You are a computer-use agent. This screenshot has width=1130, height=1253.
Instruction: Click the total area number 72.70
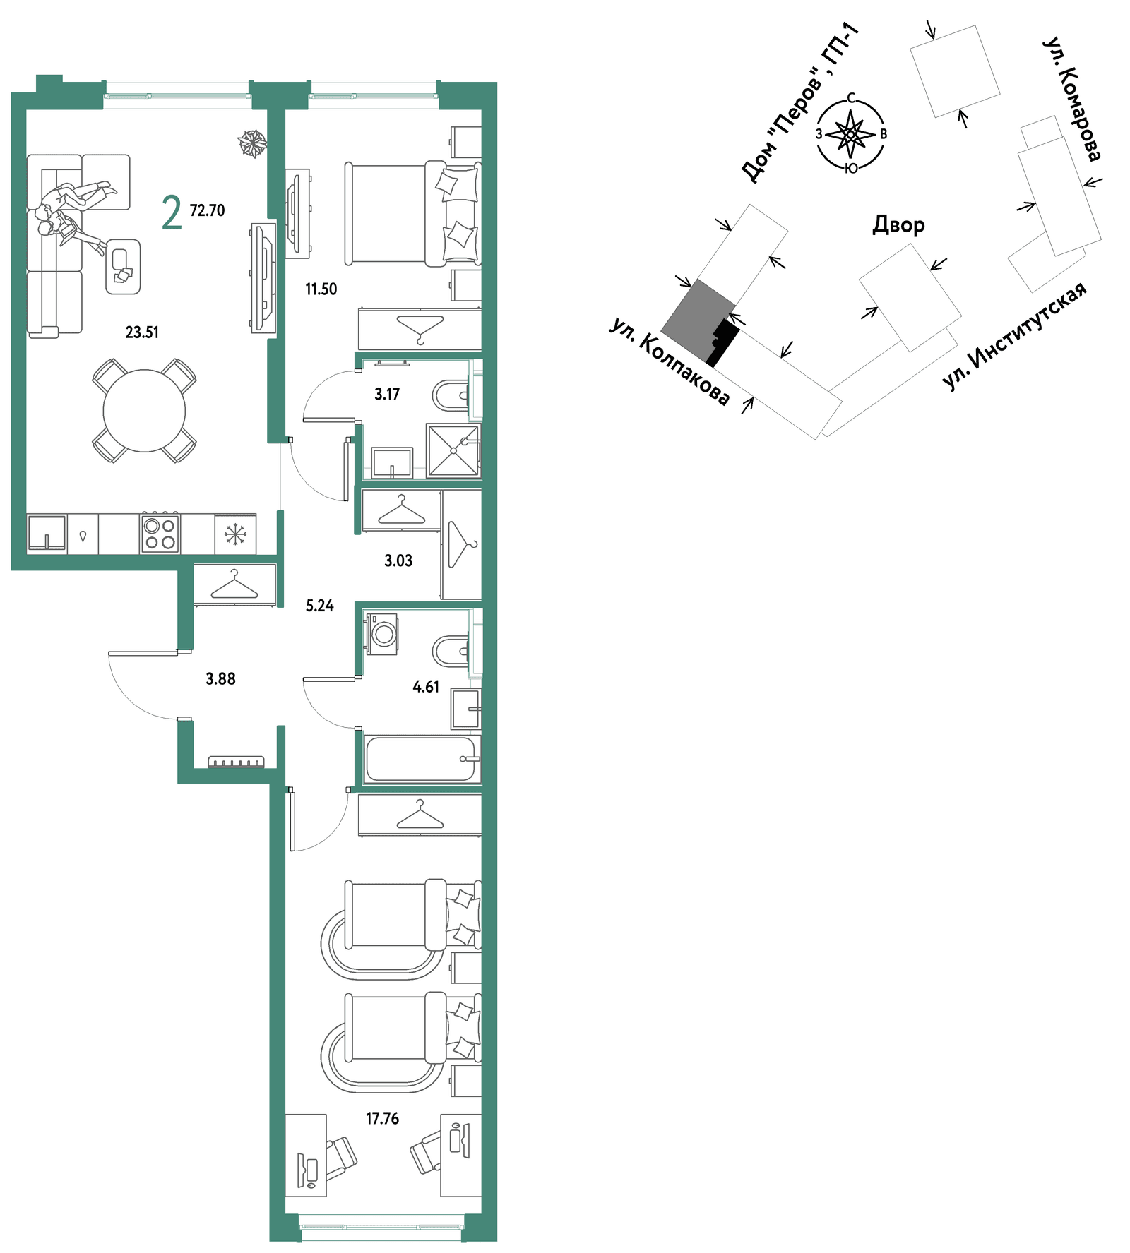click(207, 210)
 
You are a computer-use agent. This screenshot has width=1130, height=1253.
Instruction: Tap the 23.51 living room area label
click(142, 332)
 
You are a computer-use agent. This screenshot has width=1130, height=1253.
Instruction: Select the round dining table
click(144, 410)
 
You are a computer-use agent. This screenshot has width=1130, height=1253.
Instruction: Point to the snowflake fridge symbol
click(235, 534)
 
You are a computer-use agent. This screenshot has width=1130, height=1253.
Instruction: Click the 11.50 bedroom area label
click(321, 289)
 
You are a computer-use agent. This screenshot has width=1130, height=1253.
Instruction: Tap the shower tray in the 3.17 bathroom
click(453, 451)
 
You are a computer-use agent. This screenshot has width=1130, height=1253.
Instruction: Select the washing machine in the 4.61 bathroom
click(382, 634)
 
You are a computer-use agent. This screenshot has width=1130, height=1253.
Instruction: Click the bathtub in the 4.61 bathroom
click(422, 760)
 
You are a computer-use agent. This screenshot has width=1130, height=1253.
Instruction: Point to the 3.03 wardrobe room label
click(398, 560)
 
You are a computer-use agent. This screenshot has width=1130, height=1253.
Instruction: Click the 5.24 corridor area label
click(319, 605)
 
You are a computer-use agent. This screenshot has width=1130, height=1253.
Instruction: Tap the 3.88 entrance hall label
click(220, 678)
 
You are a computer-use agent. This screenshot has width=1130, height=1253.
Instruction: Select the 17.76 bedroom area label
click(382, 1118)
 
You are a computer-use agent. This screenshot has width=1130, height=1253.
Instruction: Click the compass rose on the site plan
click(851, 134)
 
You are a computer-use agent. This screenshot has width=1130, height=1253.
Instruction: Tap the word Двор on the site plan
click(898, 224)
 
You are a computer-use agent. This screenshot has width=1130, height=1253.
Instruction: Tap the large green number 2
click(172, 212)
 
